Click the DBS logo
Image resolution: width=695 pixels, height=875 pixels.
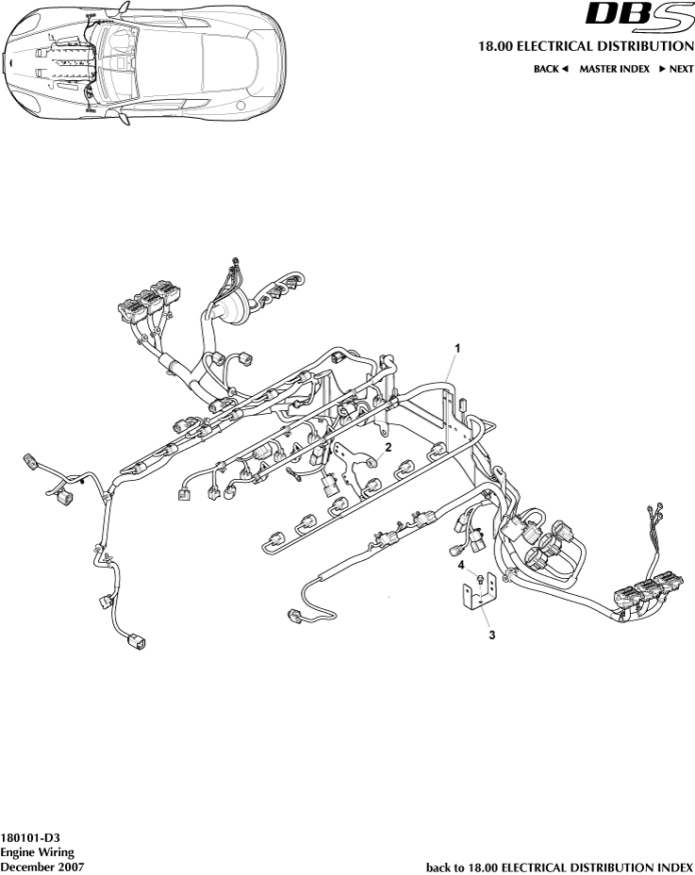coord(638,16)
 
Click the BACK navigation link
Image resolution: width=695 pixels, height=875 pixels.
coord(546,70)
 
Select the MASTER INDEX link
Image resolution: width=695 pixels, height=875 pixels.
coord(614,70)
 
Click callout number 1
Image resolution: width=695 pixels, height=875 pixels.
coord(457,348)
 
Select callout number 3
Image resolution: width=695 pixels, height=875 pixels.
coord(491,636)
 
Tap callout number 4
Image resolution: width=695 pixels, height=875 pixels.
coord(462,566)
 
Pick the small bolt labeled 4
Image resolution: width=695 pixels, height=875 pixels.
coord(480,578)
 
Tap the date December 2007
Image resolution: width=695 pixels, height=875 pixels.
coord(41,866)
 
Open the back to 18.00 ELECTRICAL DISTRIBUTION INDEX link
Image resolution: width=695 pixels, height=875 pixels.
coord(560,866)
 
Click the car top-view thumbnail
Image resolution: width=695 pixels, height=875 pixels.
coord(143,61)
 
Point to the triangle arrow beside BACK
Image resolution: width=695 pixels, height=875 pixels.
coord(565,70)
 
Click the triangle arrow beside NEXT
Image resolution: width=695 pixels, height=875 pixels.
coord(663,70)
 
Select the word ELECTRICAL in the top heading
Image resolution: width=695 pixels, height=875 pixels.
coord(561,45)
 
